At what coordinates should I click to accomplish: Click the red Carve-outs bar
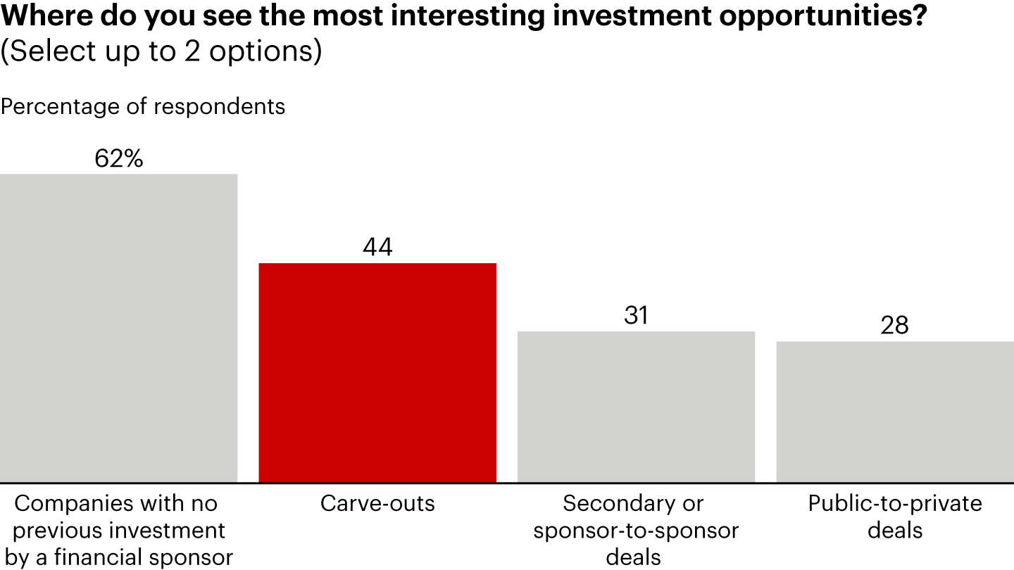point(377,372)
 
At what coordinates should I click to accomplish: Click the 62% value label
point(118,159)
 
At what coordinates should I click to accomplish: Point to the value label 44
point(377,248)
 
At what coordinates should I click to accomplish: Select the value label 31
point(636,316)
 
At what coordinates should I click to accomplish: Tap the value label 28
point(894,326)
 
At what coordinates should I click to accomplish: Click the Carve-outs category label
point(377,504)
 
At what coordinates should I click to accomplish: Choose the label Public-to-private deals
point(894,517)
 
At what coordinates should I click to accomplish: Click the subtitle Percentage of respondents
point(143,106)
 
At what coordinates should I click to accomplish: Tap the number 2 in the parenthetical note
point(192,52)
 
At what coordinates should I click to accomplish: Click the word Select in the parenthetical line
point(53,52)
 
